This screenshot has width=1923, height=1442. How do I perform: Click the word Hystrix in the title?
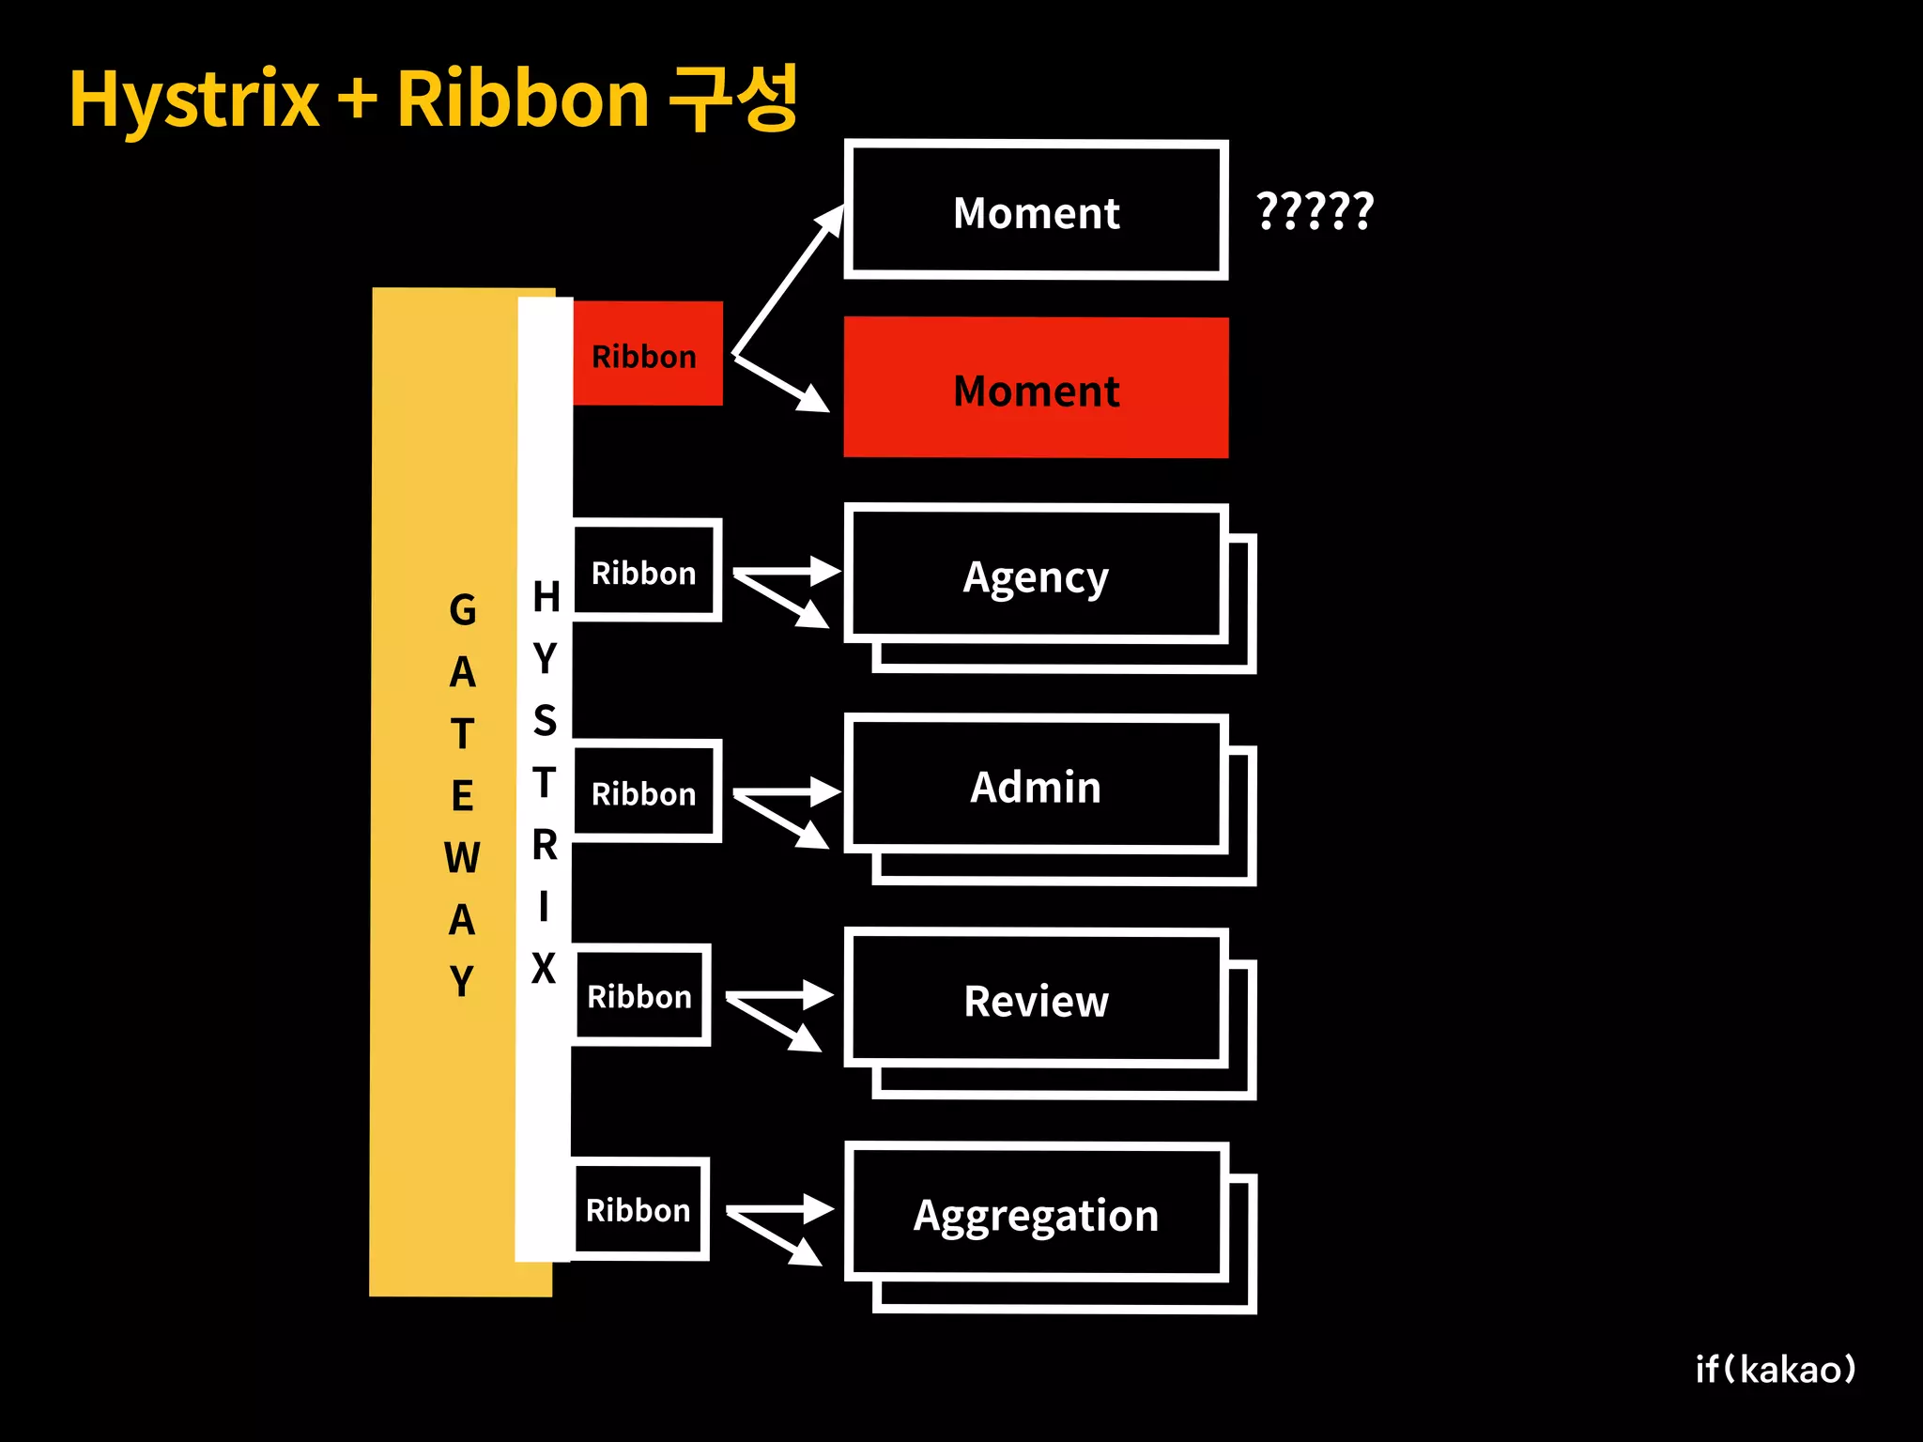coord(194,100)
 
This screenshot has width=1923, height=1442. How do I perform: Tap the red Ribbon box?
coord(647,354)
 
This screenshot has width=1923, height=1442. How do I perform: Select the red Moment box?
coord(1036,388)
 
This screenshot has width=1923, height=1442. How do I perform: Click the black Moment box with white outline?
coord(1036,210)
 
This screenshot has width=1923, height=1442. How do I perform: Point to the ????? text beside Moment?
coord(1315,210)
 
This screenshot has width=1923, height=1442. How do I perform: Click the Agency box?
coord(1036,575)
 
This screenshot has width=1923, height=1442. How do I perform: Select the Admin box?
coord(1036,785)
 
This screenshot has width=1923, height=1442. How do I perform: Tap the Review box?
coord(1036,999)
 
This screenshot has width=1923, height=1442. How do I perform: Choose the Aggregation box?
coord(1036,1213)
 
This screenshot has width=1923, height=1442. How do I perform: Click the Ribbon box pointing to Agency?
coord(646,571)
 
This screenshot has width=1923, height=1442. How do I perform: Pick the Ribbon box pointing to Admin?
coord(646,791)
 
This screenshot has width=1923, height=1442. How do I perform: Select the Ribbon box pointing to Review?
coord(641,995)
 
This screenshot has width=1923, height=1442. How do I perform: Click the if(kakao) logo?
coord(1775,1369)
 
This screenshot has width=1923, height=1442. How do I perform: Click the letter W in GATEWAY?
coord(462,857)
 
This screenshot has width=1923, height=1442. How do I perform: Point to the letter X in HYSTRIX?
coord(544,968)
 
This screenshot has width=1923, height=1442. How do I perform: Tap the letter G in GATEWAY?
coord(463,610)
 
